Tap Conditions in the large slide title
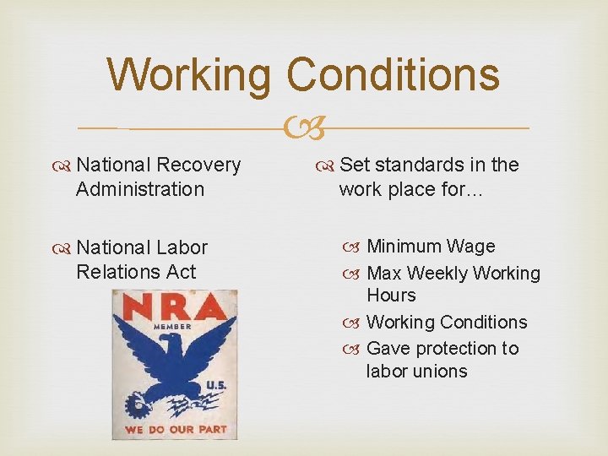tap(394, 74)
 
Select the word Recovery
tap(198, 166)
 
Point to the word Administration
tap(140, 189)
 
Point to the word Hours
tap(391, 296)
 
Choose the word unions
tap(440, 372)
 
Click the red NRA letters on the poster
tap(175, 306)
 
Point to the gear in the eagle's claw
tap(137, 406)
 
